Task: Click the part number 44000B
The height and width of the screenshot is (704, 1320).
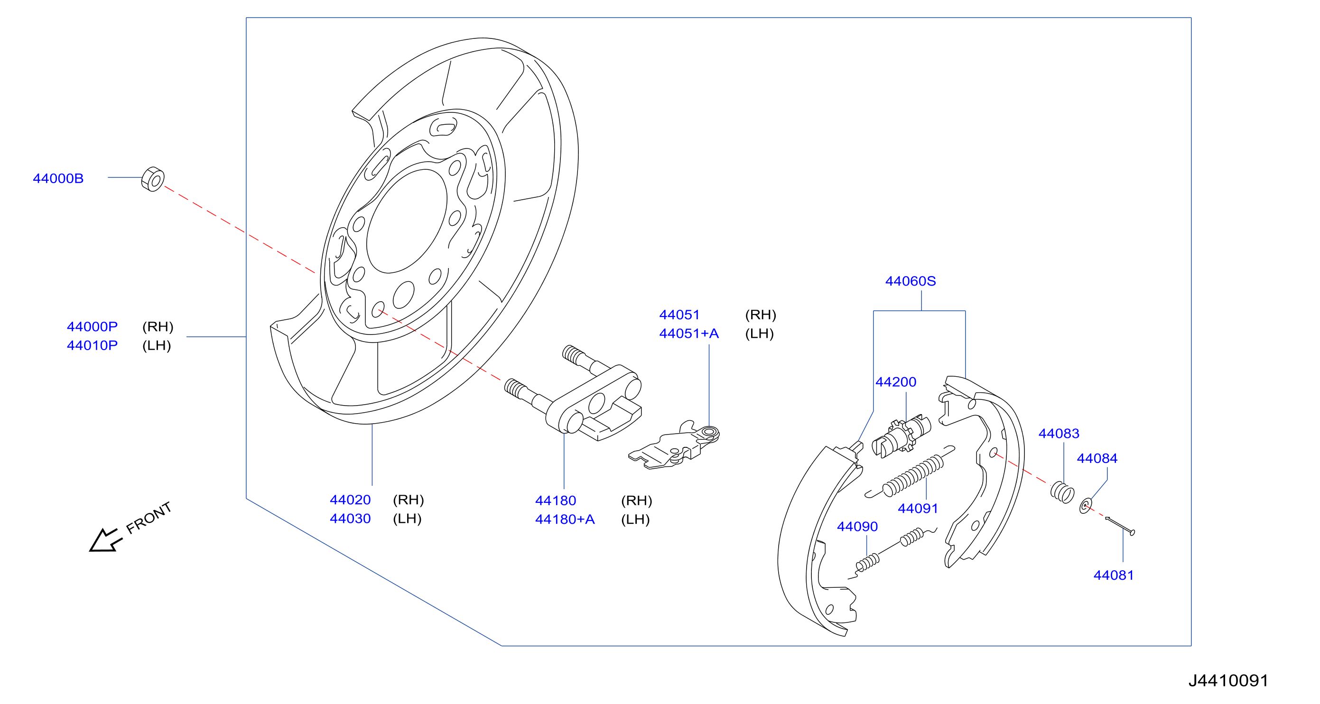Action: (58, 178)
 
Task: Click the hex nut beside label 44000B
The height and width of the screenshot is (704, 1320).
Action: (153, 179)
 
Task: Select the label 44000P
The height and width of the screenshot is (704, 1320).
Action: (92, 326)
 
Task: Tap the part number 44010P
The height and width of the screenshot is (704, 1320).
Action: (92, 345)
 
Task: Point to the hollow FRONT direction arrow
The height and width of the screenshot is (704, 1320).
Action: (105, 540)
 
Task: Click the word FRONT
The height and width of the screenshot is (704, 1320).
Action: (149, 518)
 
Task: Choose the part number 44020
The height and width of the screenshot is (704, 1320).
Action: (350, 500)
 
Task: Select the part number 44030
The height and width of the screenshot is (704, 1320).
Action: (350, 519)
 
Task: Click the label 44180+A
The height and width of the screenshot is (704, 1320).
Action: (565, 519)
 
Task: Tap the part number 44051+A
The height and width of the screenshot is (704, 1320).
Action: (688, 333)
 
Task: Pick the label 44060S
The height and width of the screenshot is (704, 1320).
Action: (911, 281)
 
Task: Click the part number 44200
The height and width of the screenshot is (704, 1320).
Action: (896, 382)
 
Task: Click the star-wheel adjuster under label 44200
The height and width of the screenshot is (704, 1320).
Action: (902, 436)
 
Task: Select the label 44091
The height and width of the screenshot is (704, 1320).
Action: (918, 508)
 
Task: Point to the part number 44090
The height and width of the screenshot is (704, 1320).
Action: (857, 526)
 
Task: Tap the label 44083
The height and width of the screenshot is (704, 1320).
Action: (1059, 434)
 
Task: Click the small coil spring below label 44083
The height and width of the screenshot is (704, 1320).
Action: (1062, 492)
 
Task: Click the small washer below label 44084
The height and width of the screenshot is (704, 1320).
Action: (1085, 506)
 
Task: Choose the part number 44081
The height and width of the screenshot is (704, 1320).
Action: (1114, 575)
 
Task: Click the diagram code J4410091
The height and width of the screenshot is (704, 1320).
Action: (1228, 680)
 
